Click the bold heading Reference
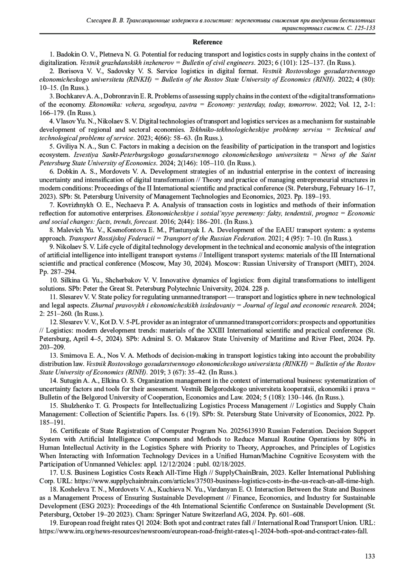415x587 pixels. pyautogui.click(x=207, y=42)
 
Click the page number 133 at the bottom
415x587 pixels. pyautogui.click(x=370, y=556)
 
